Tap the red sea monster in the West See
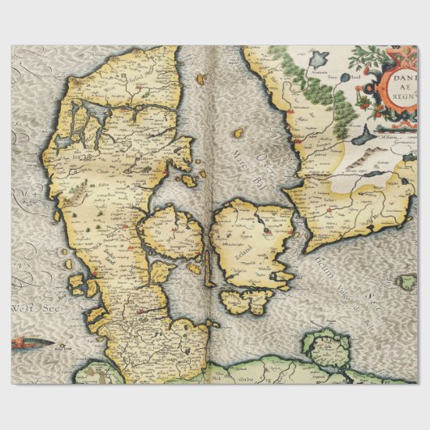[x=32, y=343]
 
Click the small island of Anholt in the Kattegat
[x=239, y=131]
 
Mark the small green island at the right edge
[x=407, y=282]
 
